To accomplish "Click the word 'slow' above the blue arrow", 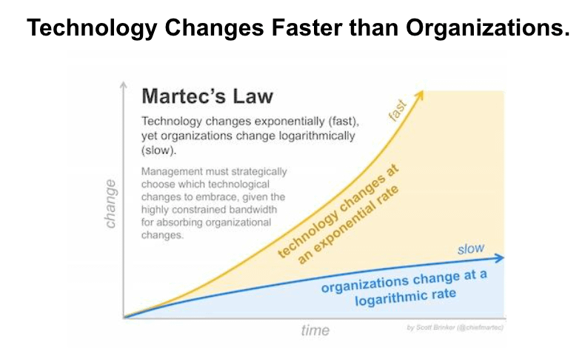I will pos(470,249).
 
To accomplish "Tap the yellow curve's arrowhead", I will pos(421,94).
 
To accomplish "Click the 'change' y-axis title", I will pos(110,203).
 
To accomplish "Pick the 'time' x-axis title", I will pos(315,330).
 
